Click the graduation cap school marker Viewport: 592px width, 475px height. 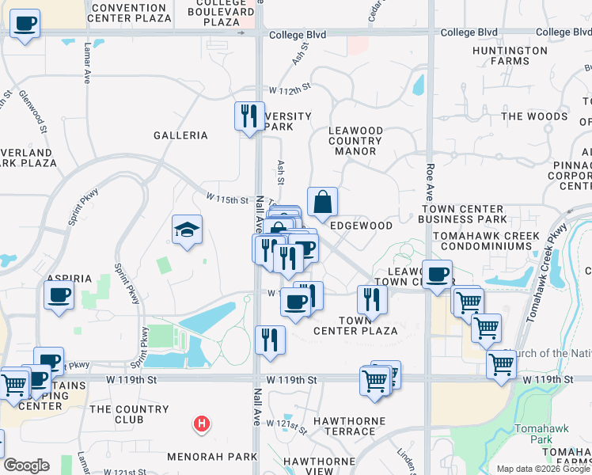(188, 230)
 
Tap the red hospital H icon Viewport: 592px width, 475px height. (202, 424)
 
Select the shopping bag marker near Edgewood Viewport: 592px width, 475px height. (323, 202)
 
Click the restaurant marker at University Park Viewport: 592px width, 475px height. (250, 116)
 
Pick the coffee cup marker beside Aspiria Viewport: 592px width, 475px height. (59, 296)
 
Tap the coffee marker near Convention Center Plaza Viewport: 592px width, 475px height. (25, 24)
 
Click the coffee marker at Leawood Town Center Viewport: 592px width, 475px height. (437, 274)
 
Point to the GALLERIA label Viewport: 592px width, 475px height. (180, 135)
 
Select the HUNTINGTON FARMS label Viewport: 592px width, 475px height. (519, 55)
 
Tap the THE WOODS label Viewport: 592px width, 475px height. (534, 116)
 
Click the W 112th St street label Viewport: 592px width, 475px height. (290, 93)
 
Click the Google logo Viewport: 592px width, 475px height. (26, 465)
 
